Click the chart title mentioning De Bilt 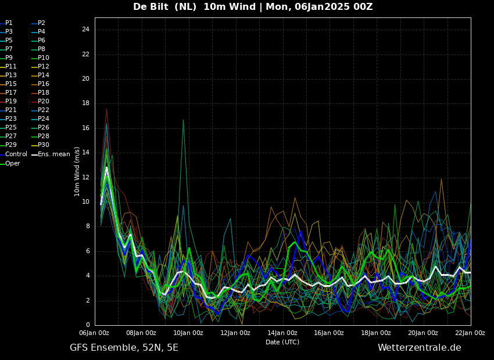253,6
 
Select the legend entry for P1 6,23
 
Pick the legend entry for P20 40,102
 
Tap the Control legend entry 13,154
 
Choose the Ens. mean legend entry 51,154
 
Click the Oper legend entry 10,163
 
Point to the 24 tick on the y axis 85,30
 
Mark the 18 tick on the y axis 85,103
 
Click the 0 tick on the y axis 88,325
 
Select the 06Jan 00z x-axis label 95,333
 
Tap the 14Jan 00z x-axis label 282,333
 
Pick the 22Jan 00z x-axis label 470,333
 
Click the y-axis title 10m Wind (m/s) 77,171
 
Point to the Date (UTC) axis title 282,342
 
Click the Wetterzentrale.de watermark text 420,348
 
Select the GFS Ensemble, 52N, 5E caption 124,348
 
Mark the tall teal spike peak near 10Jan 183,120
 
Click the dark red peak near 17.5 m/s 106,109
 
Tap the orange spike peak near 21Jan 441,179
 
